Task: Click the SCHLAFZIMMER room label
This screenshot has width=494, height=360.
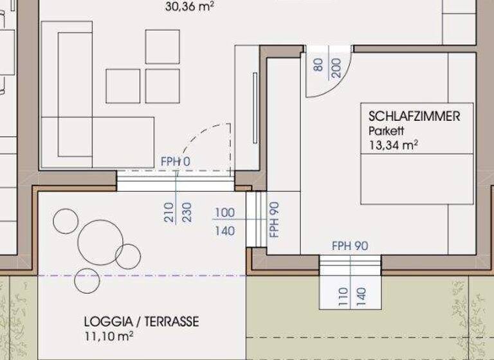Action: tap(414, 116)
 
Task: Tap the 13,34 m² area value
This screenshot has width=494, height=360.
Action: tap(394, 145)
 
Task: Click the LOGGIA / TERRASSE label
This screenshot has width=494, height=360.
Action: tap(142, 321)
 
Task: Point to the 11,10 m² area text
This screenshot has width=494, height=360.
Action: tap(108, 335)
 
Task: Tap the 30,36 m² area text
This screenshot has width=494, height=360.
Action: tap(190, 7)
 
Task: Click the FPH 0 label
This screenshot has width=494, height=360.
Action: tap(176, 161)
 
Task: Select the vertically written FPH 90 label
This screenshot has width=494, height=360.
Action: tap(274, 220)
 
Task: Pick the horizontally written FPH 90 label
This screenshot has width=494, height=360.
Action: tap(350, 246)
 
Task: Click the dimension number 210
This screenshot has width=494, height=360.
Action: tap(169, 212)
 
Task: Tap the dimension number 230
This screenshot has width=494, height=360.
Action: tap(187, 212)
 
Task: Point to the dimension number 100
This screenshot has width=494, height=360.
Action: tap(224, 213)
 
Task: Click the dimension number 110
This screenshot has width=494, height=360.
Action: tap(342, 296)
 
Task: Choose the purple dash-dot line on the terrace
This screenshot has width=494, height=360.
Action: tap(142, 275)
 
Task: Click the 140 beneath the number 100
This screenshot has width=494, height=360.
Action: tap(224, 231)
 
